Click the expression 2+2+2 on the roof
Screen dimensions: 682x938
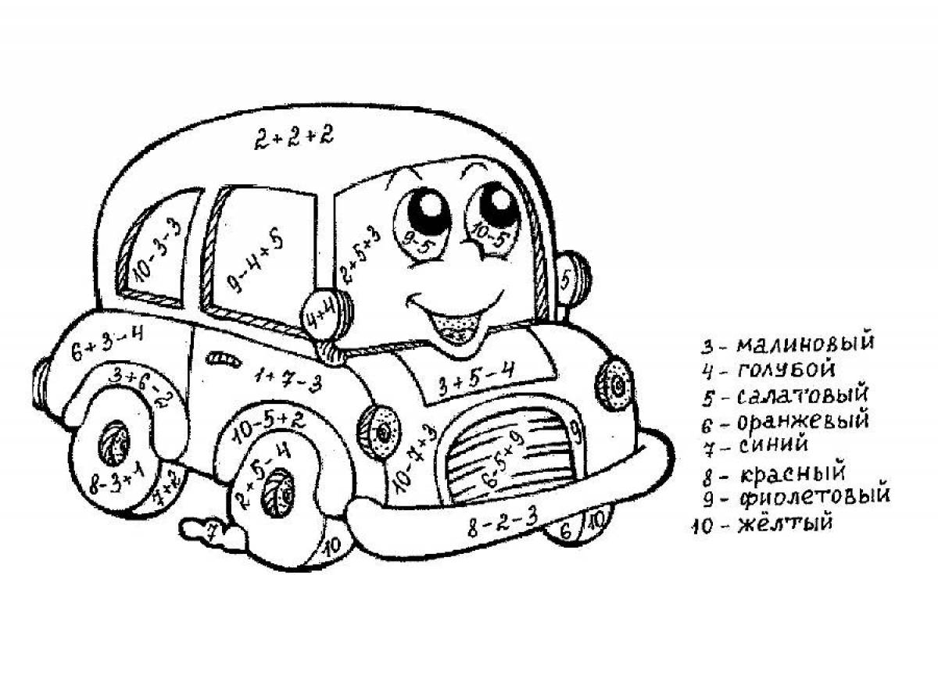293,138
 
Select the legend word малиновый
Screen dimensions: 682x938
805,344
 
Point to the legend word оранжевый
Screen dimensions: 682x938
803,422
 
